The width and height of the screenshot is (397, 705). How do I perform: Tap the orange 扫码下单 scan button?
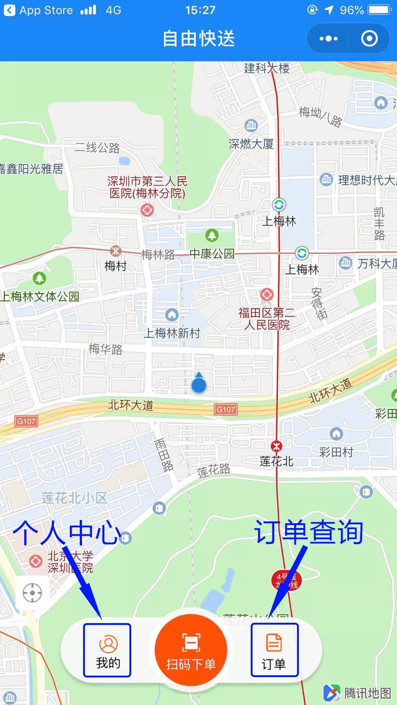click(x=191, y=650)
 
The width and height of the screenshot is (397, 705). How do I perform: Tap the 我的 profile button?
click(x=107, y=650)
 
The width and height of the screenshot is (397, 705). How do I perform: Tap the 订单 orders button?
click(x=274, y=650)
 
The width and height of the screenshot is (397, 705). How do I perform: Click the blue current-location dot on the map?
click(x=199, y=385)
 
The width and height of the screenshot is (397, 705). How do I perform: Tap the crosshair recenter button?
click(x=32, y=593)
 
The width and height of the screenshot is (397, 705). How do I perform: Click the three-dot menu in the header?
click(x=328, y=39)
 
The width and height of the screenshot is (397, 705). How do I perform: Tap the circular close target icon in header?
click(x=369, y=39)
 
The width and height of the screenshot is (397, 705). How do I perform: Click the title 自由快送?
click(x=198, y=39)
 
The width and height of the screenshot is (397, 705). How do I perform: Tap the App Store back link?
click(x=39, y=10)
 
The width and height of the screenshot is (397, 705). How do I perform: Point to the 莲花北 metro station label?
click(x=276, y=461)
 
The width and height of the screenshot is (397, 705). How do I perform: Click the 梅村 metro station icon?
click(x=116, y=251)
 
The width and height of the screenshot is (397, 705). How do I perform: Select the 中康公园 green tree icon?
click(x=212, y=235)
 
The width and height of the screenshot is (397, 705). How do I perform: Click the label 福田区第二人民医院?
click(x=267, y=318)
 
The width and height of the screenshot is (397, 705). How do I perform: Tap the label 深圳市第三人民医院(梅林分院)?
click(x=147, y=187)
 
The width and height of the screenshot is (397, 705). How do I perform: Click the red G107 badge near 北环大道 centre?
click(x=225, y=409)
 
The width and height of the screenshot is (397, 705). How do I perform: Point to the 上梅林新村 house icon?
click(x=172, y=314)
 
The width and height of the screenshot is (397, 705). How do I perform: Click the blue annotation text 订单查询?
click(x=309, y=532)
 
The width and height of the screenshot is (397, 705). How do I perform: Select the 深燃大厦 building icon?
click(x=251, y=126)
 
